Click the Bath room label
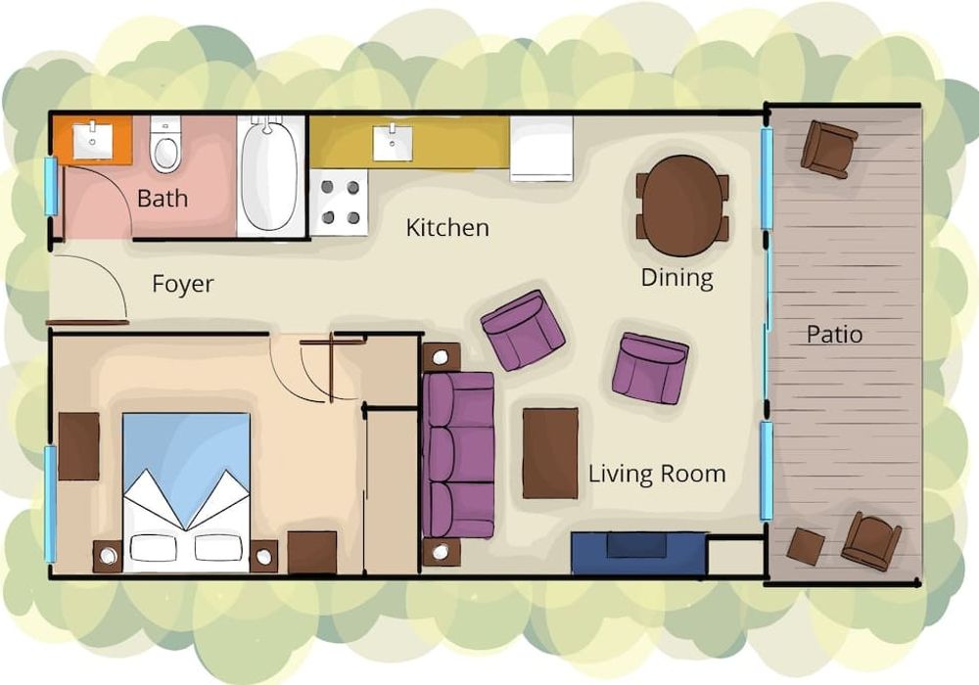pyautogui.click(x=163, y=198)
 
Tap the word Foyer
pyautogui.click(x=183, y=284)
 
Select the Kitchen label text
pyautogui.click(x=447, y=228)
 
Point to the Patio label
pyautogui.click(x=834, y=334)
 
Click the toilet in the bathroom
pyautogui.click(x=165, y=145)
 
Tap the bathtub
pyautogui.click(x=268, y=174)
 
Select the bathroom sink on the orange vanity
pyautogui.click(x=92, y=142)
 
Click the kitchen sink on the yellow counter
pyautogui.click(x=393, y=143)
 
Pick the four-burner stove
pyautogui.click(x=340, y=203)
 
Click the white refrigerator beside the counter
pyautogui.click(x=541, y=149)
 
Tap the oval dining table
pyautogui.click(x=682, y=205)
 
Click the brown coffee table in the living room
pyautogui.click(x=550, y=453)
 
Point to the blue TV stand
pyautogui.click(x=638, y=553)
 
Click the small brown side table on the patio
pyautogui.click(x=806, y=546)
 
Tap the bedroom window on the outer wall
pyautogui.click(x=50, y=503)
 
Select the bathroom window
pyautogui.click(x=51, y=186)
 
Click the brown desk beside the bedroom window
pyautogui.click(x=78, y=446)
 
